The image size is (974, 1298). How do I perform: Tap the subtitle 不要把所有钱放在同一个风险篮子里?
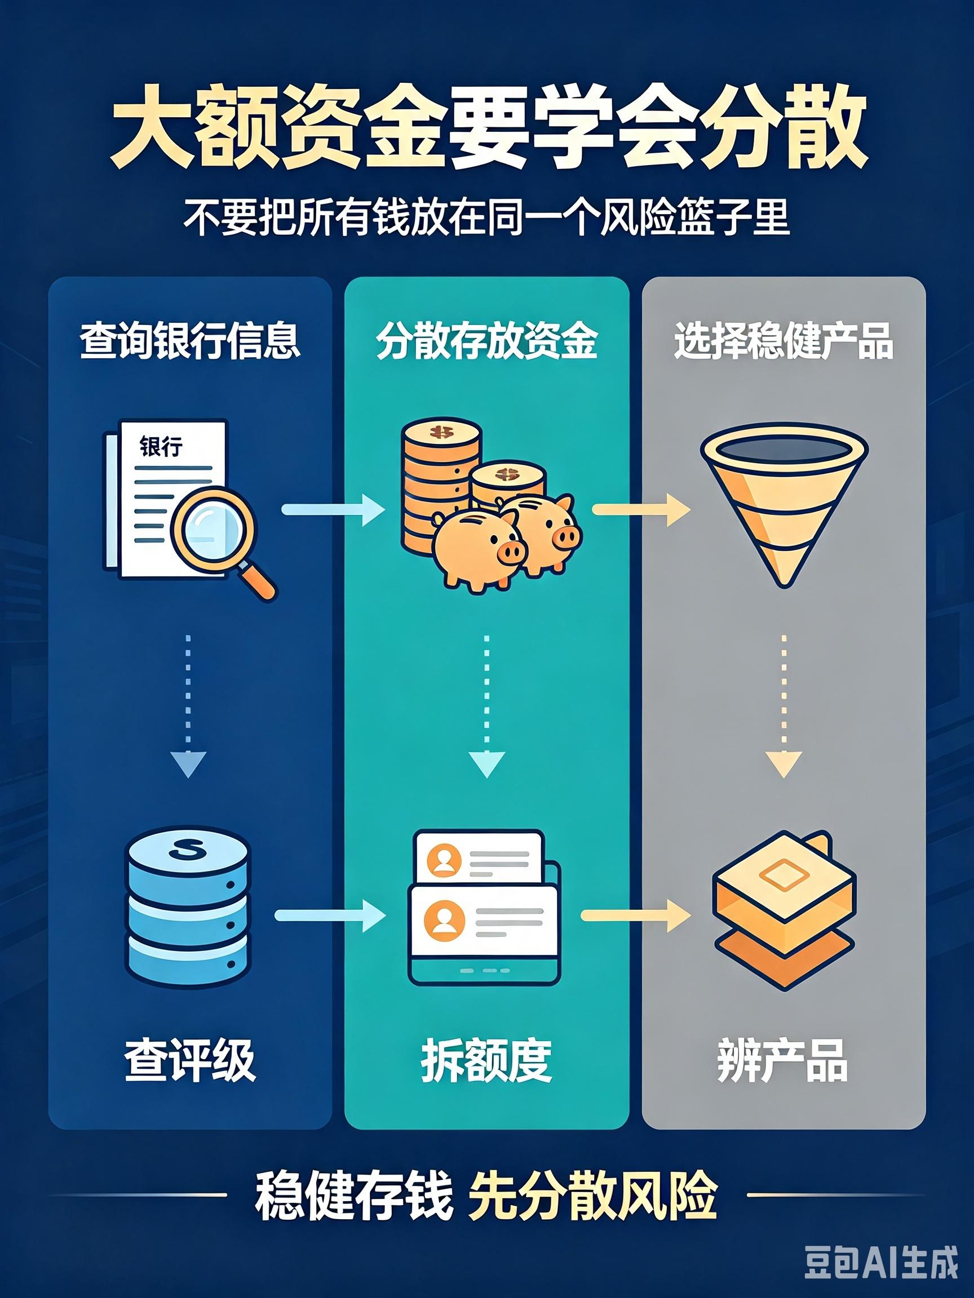tap(486, 217)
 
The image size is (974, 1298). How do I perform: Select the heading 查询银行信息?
tap(189, 340)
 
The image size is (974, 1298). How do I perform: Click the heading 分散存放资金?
tap(486, 340)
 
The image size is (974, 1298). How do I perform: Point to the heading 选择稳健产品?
tap(783, 340)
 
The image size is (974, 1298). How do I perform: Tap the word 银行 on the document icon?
tap(161, 446)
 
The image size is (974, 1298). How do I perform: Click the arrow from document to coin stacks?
tap(333, 509)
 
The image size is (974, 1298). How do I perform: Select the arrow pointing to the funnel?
tap(641, 509)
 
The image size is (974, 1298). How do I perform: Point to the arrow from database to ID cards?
tap(330, 915)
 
